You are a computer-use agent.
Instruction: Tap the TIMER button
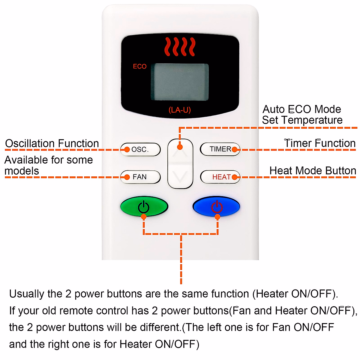pyautogui.click(x=220, y=149)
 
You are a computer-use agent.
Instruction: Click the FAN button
pyautogui.click(x=140, y=177)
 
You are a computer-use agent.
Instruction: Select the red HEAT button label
pyautogui.click(x=221, y=177)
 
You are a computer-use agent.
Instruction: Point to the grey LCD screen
pyautogui.click(x=179, y=82)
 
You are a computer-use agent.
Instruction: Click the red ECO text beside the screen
pyautogui.click(x=140, y=66)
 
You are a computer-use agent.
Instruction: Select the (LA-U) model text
pyautogui.click(x=179, y=110)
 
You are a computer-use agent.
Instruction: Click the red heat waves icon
pyautogui.click(x=180, y=46)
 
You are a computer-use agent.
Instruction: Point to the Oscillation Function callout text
pyautogui.click(x=52, y=143)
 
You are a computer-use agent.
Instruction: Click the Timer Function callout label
pyautogui.click(x=320, y=143)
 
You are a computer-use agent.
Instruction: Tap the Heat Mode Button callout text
pyautogui.click(x=313, y=171)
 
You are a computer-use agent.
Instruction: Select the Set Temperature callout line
pyautogui.click(x=302, y=120)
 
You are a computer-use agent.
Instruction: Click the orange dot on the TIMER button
pyautogui.click(x=235, y=149)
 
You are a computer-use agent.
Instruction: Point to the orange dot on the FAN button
pyautogui.click(x=127, y=177)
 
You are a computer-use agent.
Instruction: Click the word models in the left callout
pyautogui.click(x=22, y=171)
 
